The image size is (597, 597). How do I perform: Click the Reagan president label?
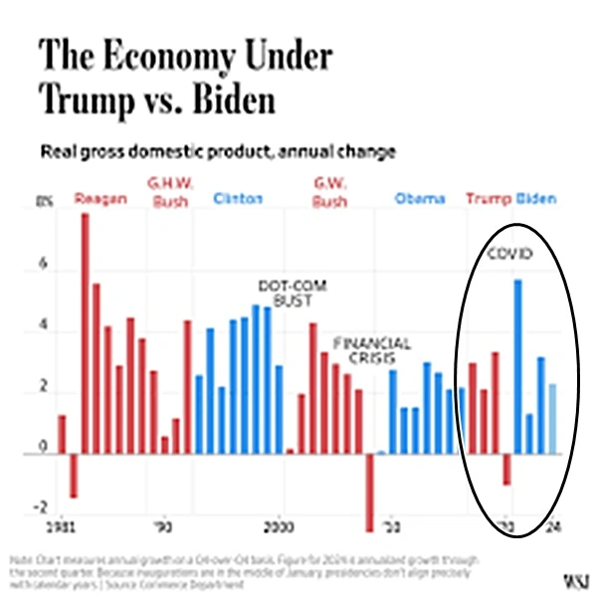100,199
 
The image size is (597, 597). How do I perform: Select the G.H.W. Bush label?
170,191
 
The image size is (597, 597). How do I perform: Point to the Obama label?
420,199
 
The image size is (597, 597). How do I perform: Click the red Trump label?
488,199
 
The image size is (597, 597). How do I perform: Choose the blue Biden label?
536,199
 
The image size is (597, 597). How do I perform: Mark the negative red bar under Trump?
506,470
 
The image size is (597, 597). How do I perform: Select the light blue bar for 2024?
553,419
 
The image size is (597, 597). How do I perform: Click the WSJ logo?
574,578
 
